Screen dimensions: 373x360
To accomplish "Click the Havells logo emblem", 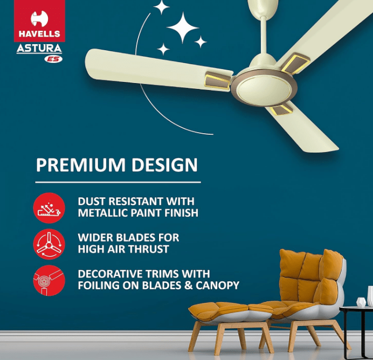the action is point(39,18).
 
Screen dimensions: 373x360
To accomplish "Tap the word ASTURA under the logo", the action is point(39,49).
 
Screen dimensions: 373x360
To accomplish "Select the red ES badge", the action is point(53,59).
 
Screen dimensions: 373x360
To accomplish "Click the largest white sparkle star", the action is point(183,28).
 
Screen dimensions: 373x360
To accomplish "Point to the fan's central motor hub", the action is point(264,88).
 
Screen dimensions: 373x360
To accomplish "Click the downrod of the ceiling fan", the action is point(264,36).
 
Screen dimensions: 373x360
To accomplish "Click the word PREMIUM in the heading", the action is point(81,164).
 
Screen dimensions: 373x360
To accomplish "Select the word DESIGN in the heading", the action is point(164,164).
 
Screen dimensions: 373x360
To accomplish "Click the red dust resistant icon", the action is point(49,208).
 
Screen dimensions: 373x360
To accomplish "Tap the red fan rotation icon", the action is point(49,244).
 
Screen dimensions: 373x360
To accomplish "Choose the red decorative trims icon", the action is point(49,281).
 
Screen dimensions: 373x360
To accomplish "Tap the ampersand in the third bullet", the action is point(189,286).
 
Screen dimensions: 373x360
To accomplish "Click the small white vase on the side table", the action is point(361,302).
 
